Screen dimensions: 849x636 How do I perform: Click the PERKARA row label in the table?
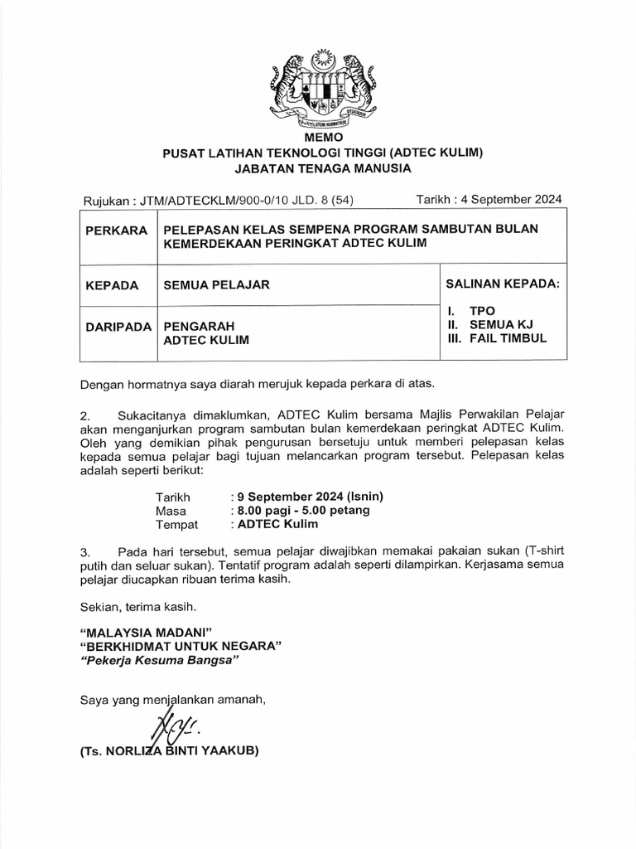[116, 229]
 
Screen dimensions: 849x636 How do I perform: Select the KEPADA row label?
[111, 285]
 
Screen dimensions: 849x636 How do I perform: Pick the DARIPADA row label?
[118, 327]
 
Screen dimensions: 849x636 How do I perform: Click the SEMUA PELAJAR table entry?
[217, 285]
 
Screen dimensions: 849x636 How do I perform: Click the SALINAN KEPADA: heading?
[503, 284]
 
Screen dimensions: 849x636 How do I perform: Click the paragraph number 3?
[84, 551]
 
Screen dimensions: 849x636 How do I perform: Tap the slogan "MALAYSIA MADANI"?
[140, 630]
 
